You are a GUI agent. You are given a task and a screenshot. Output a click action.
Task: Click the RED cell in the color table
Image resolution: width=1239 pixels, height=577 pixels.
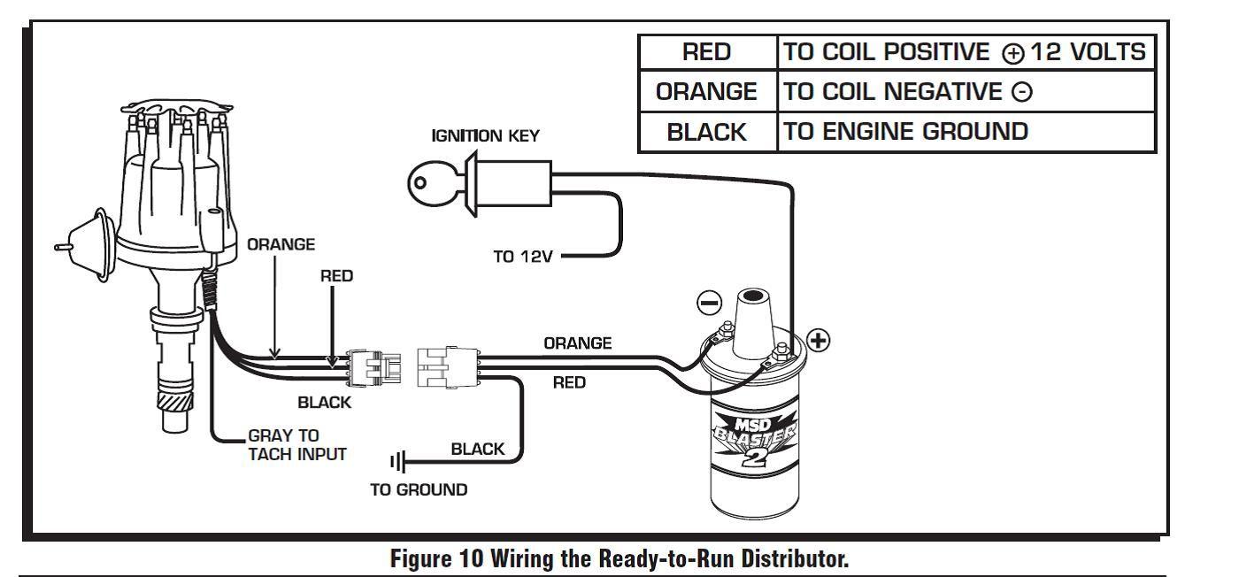point(707,53)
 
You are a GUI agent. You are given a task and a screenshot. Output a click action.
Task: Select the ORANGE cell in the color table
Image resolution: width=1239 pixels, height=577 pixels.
point(707,92)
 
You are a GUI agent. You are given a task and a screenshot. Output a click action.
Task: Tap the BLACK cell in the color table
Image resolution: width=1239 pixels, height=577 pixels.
point(707,132)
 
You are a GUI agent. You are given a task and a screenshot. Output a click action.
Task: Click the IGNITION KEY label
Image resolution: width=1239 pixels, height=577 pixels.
point(485,136)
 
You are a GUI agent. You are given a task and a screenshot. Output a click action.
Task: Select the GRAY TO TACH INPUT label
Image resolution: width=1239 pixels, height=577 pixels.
point(296,445)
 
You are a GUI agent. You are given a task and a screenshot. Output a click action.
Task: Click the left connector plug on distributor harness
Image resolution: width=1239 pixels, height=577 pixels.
point(375,365)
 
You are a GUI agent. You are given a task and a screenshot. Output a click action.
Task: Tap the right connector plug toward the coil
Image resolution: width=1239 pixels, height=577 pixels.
point(446,365)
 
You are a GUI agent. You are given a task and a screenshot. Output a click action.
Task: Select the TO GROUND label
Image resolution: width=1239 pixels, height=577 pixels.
point(419,490)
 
